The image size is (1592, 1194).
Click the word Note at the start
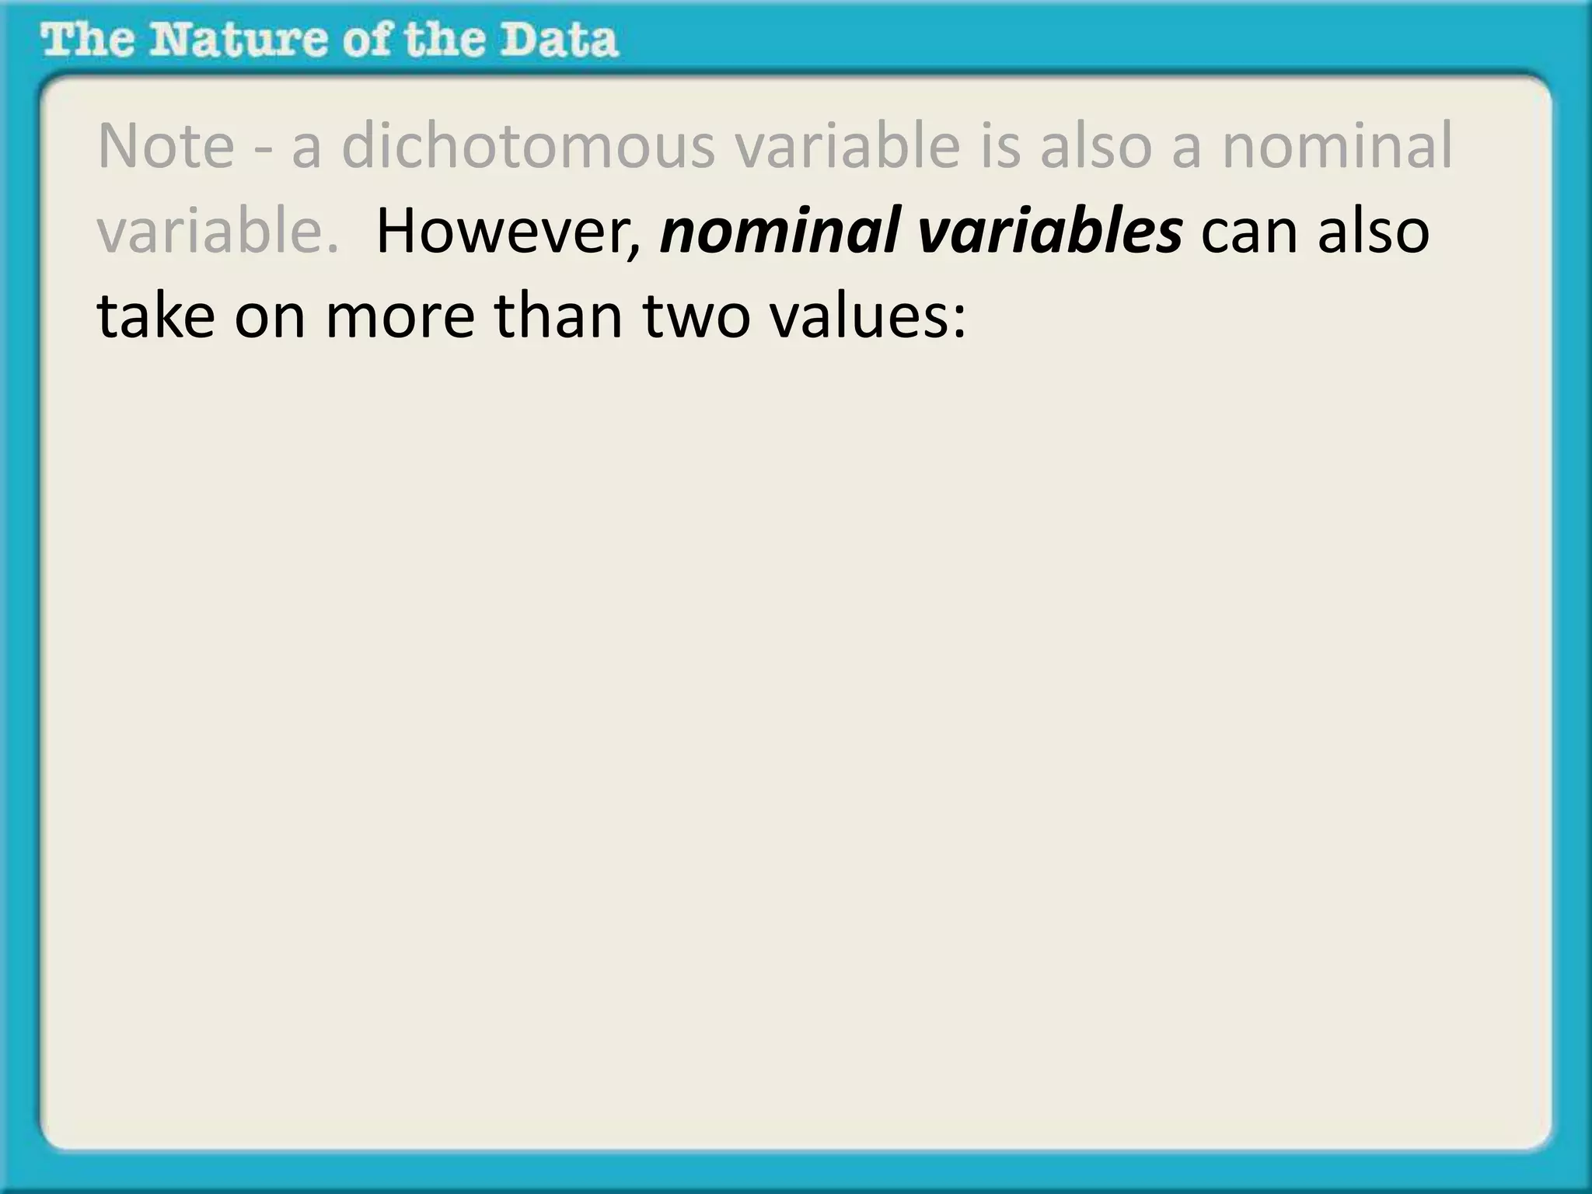pyautogui.click(x=166, y=146)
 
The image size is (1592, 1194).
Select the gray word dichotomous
pyautogui.click(x=528, y=146)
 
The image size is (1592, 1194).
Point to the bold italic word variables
pyautogui.click(x=1049, y=232)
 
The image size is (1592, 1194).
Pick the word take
pyautogui.click(x=155, y=317)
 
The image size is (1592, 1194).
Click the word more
pyautogui.click(x=399, y=317)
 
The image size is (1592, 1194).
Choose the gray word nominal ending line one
pyautogui.click(x=1336, y=146)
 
